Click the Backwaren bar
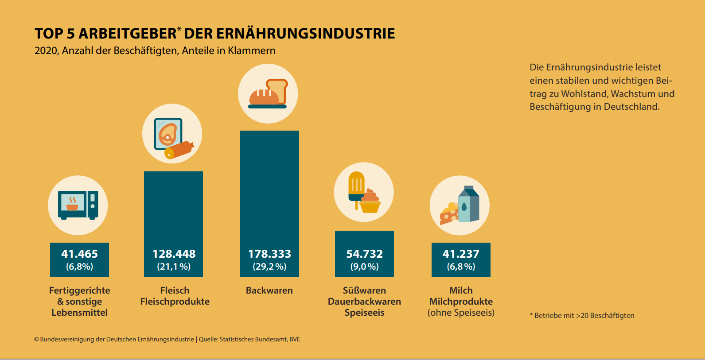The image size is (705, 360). click(x=269, y=186)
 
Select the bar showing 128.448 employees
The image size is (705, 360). click(x=173, y=208)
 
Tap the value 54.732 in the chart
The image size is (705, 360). click(x=364, y=254)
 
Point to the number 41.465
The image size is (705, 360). click(x=79, y=254)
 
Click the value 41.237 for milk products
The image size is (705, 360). click(x=461, y=254)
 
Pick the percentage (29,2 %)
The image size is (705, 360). click(x=269, y=267)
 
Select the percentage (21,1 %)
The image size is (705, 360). click(x=174, y=267)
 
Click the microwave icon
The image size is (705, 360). click(x=78, y=205)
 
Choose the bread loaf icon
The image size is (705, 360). click(x=264, y=97)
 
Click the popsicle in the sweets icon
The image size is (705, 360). click(x=356, y=186)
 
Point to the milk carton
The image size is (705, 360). click(x=468, y=204)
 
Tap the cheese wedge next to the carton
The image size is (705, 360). click(x=449, y=214)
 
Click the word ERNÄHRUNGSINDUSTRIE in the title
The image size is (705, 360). click(x=306, y=34)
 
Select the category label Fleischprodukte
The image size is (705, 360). click(x=175, y=302)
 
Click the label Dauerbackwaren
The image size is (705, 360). click(x=364, y=302)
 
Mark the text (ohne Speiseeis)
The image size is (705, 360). click(x=461, y=313)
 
